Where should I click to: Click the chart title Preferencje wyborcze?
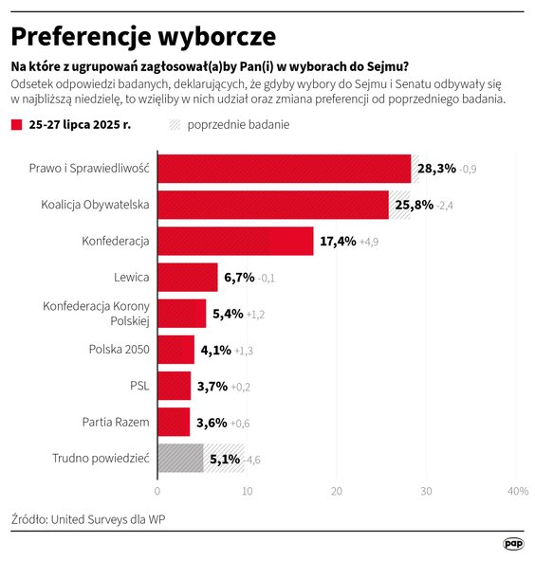(x=143, y=36)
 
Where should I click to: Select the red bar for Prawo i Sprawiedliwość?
(x=284, y=169)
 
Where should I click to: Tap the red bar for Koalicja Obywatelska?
(x=272, y=205)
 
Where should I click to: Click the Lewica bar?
(x=187, y=277)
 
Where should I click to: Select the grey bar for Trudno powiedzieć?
(x=180, y=458)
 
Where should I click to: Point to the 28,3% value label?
(x=437, y=169)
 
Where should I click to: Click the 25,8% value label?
(x=415, y=205)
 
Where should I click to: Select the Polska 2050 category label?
(x=120, y=350)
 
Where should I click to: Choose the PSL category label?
(x=139, y=386)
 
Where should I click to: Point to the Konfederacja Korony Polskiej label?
(x=97, y=314)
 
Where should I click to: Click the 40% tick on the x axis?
(x=517, y=492)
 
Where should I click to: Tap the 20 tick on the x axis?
(x=337, y=492)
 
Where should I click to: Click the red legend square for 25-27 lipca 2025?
(x=16, y=125)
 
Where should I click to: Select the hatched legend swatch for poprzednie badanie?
(x=175, y=125)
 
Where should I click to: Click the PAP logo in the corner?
(x=513, y=543)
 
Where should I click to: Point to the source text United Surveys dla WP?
(x=94, y=519)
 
